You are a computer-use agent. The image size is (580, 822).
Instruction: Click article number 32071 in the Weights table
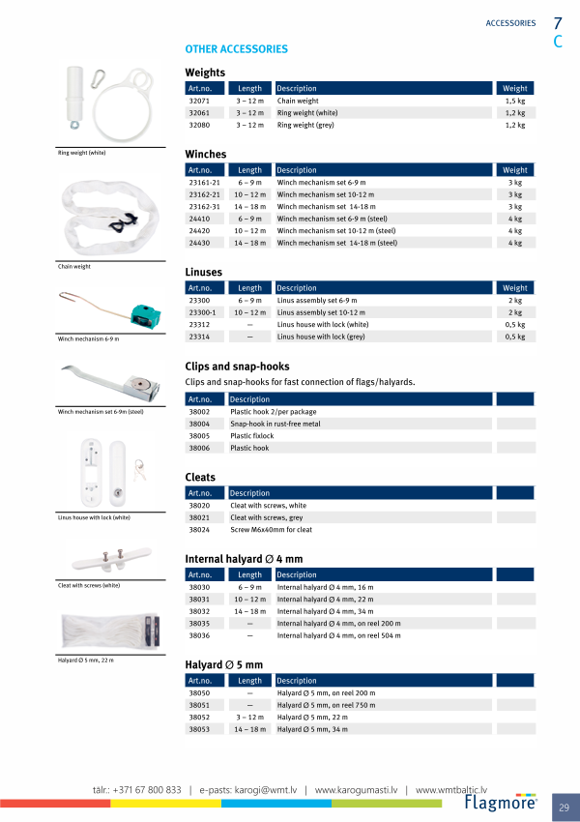199,101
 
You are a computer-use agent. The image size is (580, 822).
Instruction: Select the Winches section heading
206,154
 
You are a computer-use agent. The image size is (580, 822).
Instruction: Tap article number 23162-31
204,207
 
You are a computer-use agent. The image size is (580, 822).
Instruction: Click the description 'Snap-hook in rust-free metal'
275,424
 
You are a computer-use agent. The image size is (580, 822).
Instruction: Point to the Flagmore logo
502,802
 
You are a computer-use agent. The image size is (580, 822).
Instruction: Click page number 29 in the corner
564,806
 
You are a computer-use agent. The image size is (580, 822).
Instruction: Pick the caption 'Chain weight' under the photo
74,266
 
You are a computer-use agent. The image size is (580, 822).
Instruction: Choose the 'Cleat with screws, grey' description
268,517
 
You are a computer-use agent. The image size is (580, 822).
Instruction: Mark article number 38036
199,636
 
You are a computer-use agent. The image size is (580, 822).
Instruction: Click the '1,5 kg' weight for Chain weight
515,101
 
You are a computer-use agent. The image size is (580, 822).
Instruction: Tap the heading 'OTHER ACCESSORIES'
236,48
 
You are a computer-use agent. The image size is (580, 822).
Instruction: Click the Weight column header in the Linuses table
515,288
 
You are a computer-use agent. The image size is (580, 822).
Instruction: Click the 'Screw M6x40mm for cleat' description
271,530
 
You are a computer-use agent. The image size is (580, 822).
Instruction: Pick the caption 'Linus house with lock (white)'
94,517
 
